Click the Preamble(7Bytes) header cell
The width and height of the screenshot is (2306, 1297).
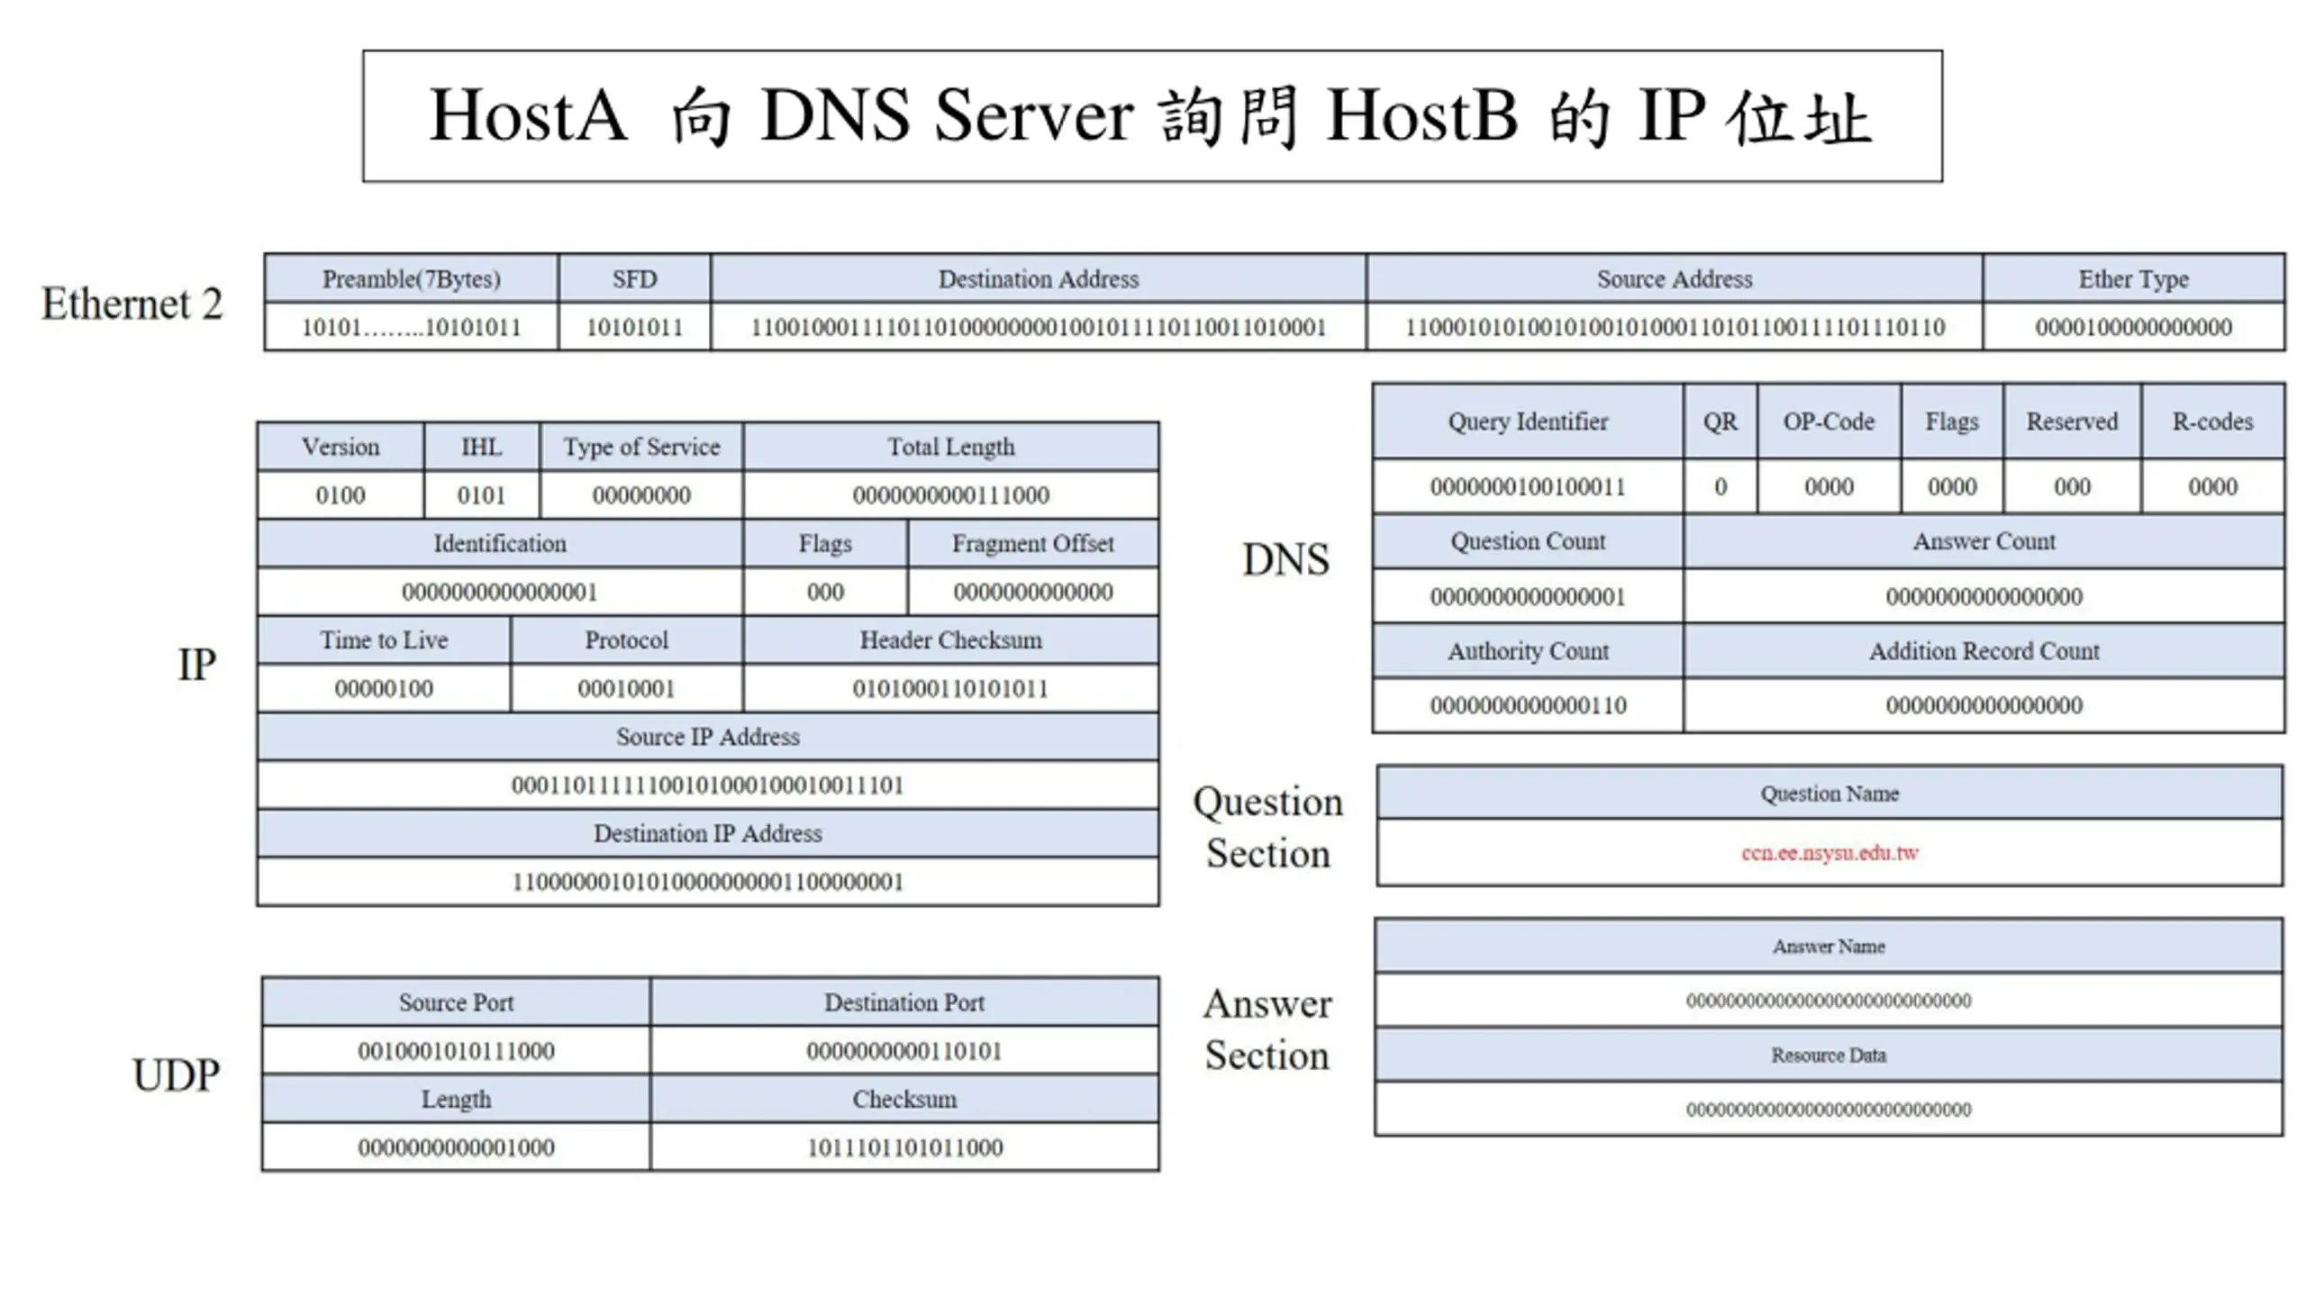[411, 279]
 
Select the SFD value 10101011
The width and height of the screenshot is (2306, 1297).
[634, 327]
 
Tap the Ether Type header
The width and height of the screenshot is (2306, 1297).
[2133, 279]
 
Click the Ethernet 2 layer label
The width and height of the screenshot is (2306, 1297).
[132, 304]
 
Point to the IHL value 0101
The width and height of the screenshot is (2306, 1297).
[481, 495]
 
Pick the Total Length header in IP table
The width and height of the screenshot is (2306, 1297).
[950, 447]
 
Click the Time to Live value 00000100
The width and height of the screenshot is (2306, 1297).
[384, 689]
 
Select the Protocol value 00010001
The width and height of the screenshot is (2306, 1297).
[626, 689]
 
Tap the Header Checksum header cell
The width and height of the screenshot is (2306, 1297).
[950, 640]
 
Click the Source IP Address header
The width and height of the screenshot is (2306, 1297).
[708, 737]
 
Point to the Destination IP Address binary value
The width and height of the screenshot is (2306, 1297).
[708, 882]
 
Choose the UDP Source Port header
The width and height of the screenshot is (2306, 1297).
[456, 1002]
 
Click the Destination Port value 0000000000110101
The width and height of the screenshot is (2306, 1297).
[904, 1051]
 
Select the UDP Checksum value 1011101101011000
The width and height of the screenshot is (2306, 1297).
[904, 1147]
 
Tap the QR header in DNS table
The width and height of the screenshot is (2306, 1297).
[1720, 422]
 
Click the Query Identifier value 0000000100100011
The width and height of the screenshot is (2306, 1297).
[1528, 487]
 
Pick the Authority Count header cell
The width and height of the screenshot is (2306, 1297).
[1528, 651]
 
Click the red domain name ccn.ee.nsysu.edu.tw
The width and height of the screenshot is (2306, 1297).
[1829, 852]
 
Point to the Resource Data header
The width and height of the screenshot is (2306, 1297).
[1829, 1055]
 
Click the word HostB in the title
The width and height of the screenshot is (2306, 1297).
[1422, 116]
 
